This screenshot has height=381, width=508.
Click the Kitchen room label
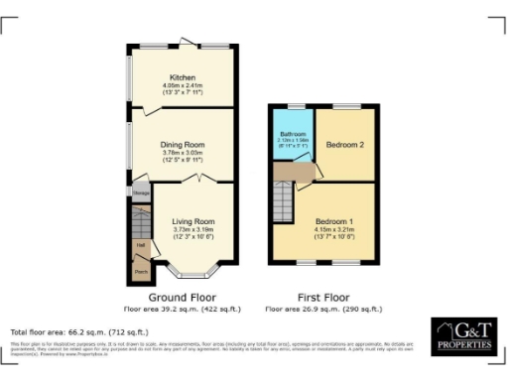(182, 77)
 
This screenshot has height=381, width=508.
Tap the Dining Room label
(182, 144)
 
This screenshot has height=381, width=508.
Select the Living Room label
(188, 220)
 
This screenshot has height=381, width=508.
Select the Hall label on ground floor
(141, 244)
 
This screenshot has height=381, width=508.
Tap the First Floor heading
(321, 297)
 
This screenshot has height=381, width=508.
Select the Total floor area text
(78, 330)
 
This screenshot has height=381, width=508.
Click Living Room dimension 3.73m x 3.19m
(188, 229)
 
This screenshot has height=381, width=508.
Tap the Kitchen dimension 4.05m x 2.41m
(182, 85)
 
